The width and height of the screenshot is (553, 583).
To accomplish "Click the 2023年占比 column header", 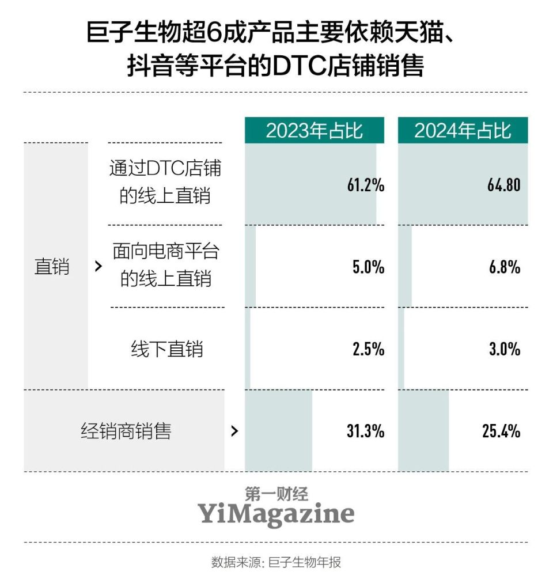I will (x=314, y=131).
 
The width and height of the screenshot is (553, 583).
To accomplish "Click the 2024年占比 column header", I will (x=463, y=131).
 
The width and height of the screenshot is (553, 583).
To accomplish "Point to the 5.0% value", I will (x=368, y=267).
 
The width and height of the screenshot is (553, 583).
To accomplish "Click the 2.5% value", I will (x=368, y=349).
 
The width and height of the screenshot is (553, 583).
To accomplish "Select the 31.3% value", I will (x=365, y=431).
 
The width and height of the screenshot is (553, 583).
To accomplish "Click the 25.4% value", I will (x=501, y=431).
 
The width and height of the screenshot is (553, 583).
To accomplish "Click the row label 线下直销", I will (x=166, y=349).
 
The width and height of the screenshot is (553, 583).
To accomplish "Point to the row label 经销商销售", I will (x=126, y=431).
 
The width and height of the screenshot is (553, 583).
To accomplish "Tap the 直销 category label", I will (x=52, y=267).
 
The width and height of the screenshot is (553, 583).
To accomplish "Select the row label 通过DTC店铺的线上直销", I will (x=165, y=182).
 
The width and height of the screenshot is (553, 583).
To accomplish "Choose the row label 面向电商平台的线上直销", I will (x=165, y=265).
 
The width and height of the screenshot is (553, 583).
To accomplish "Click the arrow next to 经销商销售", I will (x=234, y=431).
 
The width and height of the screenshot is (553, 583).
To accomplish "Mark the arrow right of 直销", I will (x=99, y=267).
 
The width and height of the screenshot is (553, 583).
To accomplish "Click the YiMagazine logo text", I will (x=276, y=513).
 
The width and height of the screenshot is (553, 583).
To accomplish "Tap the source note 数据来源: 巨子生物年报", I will (x=276, y=562).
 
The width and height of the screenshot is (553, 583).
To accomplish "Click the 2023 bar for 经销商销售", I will (x=278, y=431).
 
